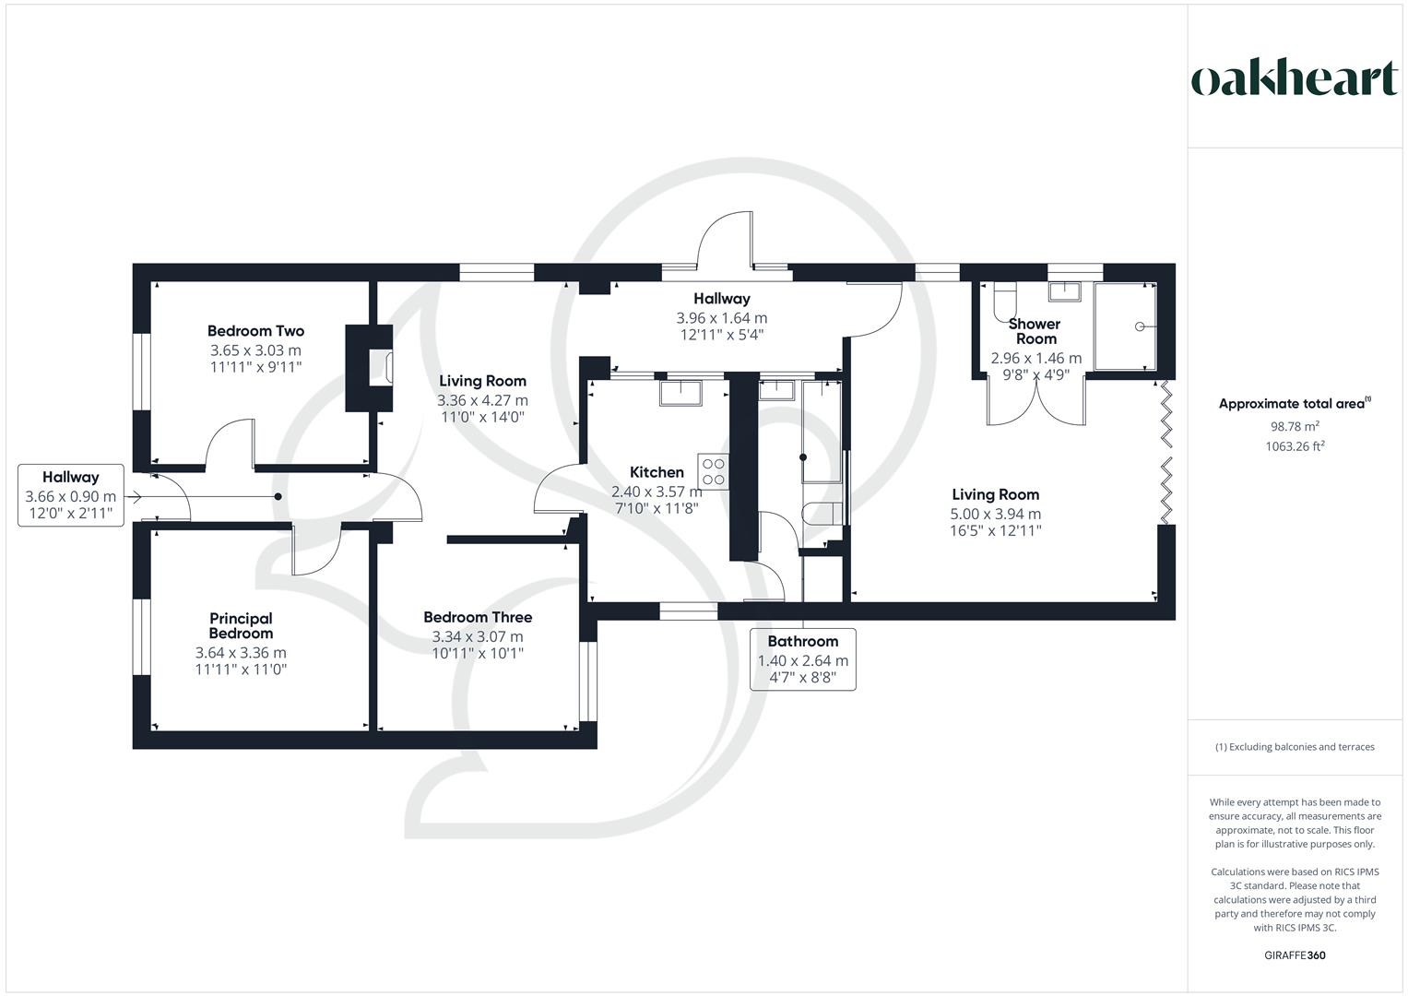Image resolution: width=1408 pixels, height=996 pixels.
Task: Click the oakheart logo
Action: pyautogui.click(x=1294, y=79)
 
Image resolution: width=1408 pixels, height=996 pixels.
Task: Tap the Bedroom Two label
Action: pyautogui.click(x=255, y=331)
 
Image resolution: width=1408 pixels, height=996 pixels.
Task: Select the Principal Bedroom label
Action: pyautogui.click(x=241, y=625)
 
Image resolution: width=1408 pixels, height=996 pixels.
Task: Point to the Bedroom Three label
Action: pyautogui.click(x=478, y=617)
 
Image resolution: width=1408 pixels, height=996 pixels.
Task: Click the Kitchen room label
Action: pyautogui.click(x=657, y=472)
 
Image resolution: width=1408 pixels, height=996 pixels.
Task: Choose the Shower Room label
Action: pyautogui.click(x=1035, y=331)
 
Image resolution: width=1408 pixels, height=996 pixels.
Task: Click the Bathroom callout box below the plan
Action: pyautogui.click(x=802, y=658)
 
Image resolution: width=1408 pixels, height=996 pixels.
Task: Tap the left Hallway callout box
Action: pyautogui.click(x=71, y=495)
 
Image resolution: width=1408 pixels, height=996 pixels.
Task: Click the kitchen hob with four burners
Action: pyautogui.click(x=714, y=470)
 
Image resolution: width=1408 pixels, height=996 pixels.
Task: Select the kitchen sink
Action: pyautogui.click(x=680, y=394)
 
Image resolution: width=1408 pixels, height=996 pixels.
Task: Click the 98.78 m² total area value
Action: pyautogui.click(x=1295, y=426)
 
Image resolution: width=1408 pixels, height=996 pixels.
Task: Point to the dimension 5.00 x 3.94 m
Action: pyautogui.click(x=995, y=514)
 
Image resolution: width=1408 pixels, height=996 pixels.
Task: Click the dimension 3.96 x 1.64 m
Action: pyautogui.click(x=722, y=318)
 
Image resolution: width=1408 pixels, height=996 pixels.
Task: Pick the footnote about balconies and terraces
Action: pyautogui.click(x=1295, y=747)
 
